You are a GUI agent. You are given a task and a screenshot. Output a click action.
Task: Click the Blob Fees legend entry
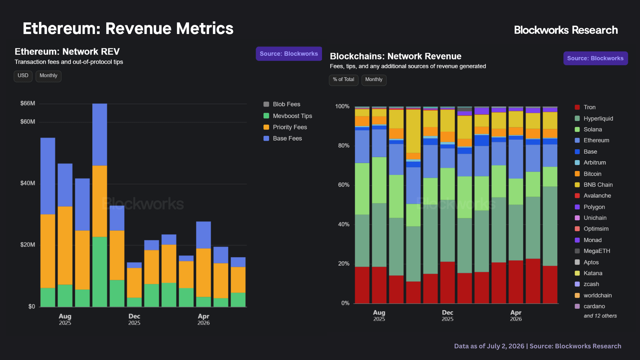click(x=282, y=104)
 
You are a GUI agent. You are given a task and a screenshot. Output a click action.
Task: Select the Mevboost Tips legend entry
click(x=288, y=116)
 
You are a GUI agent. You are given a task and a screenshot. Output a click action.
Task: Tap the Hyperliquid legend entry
click(x=594, y=118)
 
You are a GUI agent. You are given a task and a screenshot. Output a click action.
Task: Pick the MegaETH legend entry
click(x=592, y=251)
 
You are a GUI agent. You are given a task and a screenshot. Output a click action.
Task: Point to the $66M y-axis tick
click(x=28, y=103)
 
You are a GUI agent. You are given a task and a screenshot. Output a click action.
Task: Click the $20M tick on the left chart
click(x=28, y=245)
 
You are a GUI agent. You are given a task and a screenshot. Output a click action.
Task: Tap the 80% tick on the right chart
click(x=344, y=146)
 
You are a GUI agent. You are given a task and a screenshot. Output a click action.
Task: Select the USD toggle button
click(x=23, y=76)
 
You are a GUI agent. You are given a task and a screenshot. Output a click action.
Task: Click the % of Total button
click(x=344, y=80)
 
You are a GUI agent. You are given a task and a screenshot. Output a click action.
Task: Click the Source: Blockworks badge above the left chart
click(x=289, y=54)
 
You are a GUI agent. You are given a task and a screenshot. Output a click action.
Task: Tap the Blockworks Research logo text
click(x=566, y=30)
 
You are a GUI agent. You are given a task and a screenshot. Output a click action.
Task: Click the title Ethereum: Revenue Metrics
click(x=128, y=28)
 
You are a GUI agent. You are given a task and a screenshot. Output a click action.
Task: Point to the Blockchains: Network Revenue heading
click(x=396, y=56)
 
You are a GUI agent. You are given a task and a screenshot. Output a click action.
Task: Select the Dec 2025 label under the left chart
click(x=134, y=319)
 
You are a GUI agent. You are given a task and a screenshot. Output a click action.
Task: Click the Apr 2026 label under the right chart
click(x=516, y=315)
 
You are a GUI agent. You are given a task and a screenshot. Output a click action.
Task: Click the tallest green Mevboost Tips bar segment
click(x=100, y=272)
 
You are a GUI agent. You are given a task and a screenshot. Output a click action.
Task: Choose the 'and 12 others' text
click(x=600, y=316)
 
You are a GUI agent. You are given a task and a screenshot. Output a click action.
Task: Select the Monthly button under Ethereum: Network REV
click(x=49, y=76)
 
